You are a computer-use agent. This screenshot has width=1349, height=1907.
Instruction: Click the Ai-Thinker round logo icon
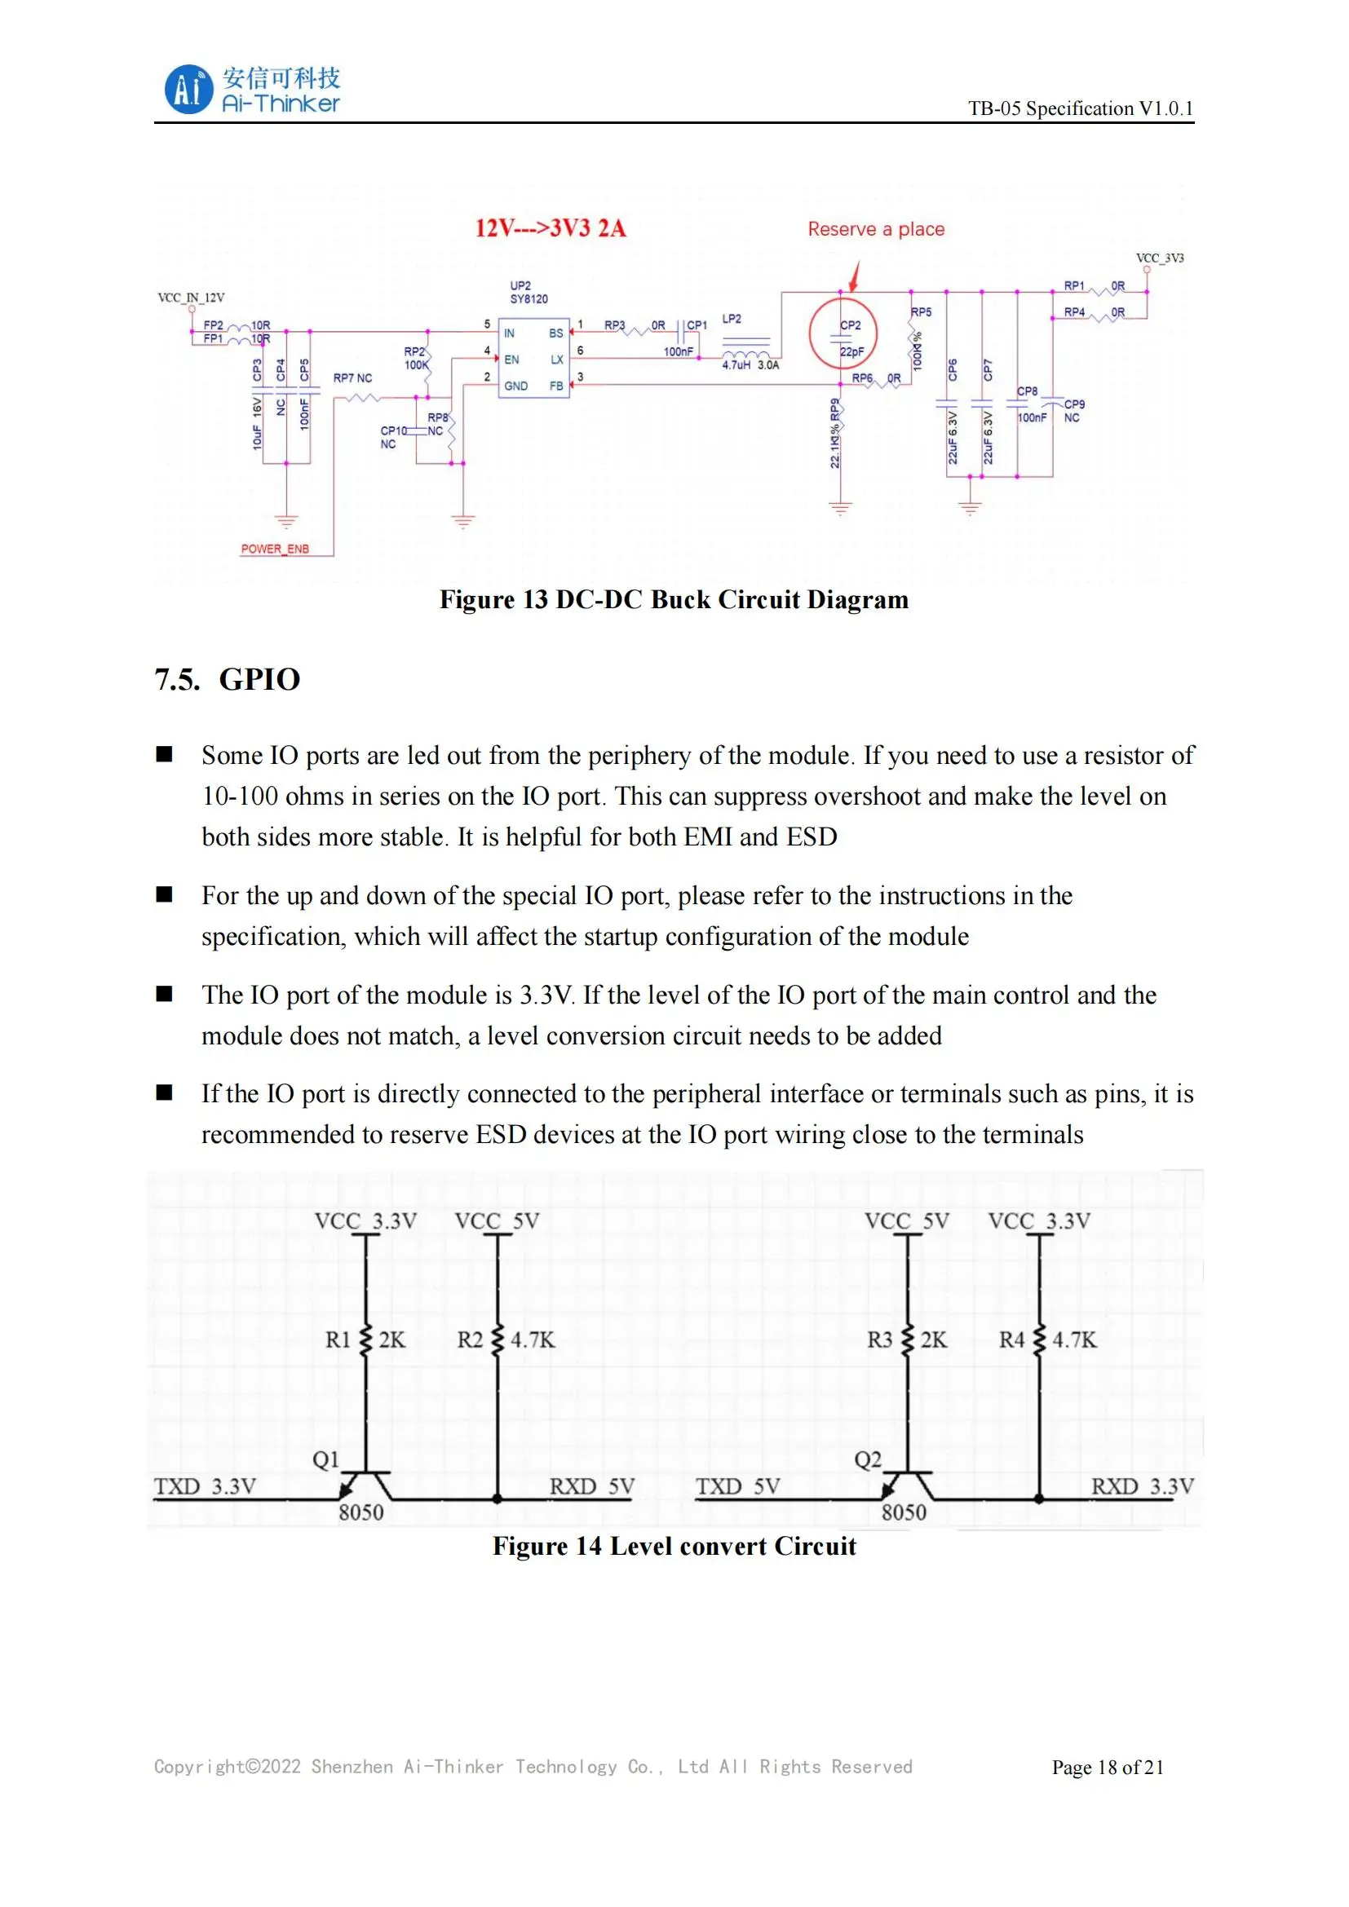point(188,90)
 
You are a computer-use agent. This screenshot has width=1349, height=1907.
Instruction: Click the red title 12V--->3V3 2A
point(550,228)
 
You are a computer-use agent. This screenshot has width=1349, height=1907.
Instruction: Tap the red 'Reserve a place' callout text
point(875,229)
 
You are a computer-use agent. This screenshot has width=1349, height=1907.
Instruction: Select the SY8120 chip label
point(529,299)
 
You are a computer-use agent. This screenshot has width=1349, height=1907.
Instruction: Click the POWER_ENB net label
point(274,549)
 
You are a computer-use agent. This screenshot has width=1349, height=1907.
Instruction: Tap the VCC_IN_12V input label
point(191,298)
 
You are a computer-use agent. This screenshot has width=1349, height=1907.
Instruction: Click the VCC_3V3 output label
point(1160,258)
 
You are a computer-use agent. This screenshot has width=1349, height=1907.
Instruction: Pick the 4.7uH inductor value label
point(736,364)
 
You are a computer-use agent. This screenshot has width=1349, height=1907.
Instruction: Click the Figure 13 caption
point(674,600)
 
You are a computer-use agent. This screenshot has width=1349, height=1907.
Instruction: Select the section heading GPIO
point(259,679)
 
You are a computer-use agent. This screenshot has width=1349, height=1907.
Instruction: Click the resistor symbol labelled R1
point(365,1340)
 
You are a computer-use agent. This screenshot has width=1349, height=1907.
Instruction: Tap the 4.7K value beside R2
point(533,1340)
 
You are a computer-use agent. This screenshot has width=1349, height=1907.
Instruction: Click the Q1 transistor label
point(325,1459)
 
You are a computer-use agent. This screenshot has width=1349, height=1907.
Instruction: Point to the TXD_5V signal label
point(737,1486)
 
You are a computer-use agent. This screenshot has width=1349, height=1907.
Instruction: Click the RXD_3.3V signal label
point(1142,1486)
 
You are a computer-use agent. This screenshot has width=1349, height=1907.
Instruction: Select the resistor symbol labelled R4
point(1039,1340)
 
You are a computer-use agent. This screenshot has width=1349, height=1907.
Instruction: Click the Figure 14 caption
point(674,1546)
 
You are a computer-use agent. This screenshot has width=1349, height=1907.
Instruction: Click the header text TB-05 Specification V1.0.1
point(1080,108)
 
